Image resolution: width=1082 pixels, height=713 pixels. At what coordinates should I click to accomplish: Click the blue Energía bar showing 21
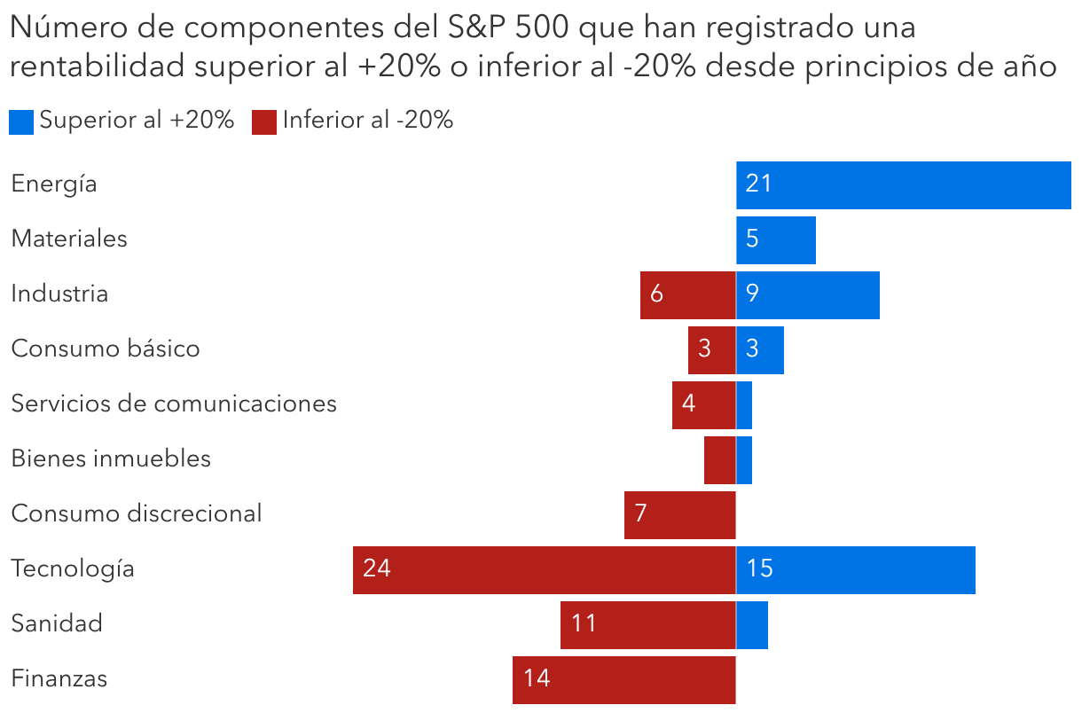coord(903,184)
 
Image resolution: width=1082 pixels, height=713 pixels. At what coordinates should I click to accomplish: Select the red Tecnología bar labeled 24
coord(544,569)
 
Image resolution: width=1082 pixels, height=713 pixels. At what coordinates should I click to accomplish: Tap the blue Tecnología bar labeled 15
coord(856,569)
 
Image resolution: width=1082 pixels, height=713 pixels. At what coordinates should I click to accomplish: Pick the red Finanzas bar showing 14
coord(623,679)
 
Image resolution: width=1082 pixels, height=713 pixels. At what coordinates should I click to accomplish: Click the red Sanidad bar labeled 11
coord(647,624)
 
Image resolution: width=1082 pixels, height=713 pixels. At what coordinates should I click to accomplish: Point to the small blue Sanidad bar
coord(752,624)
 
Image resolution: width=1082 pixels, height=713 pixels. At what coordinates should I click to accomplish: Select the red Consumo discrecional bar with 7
coord(679,514)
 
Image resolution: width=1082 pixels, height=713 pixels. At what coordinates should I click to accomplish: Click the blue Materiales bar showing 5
coord(776,239)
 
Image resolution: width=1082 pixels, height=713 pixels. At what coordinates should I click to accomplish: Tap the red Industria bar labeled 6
coord(687,294)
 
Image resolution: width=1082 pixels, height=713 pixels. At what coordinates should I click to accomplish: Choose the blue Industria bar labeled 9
coord(808,294)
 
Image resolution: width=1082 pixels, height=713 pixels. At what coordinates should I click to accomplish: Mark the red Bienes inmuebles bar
coord(719,459)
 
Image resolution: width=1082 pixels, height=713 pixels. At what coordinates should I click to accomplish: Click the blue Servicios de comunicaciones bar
coord(744,404)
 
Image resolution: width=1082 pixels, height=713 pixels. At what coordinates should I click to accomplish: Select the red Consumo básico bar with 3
coord(711,349)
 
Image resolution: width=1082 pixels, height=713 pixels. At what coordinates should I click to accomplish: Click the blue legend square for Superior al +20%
coord(21,121)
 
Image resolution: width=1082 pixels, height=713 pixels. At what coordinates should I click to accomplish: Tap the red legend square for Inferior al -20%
coord(264,121)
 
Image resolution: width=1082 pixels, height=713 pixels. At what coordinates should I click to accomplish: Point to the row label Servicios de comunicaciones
coord(174,404)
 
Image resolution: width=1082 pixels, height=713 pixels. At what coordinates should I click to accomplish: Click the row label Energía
coord(54,184)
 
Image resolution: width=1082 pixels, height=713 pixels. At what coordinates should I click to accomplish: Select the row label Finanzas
coord(59,679)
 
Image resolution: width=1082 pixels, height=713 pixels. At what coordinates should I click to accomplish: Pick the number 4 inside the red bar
coord(689,404)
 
